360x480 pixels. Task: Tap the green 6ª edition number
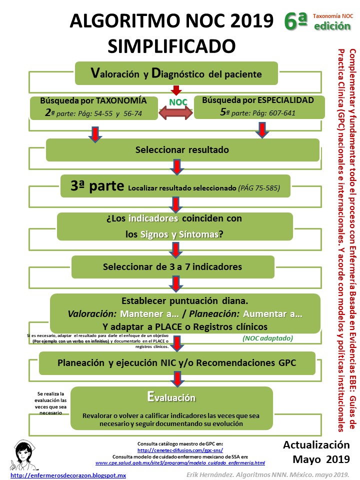click(294, 21)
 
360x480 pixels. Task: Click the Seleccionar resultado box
click(182, 149)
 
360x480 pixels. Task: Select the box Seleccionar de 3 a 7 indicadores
click(172, 266)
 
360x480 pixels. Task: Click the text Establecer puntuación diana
click(185, 301)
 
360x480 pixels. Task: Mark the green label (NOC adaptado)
click(267, 338)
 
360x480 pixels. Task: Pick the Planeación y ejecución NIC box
click(184, 362)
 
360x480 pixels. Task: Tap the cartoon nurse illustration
click(23, 455)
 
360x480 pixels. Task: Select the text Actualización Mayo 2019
click(316, 451)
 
